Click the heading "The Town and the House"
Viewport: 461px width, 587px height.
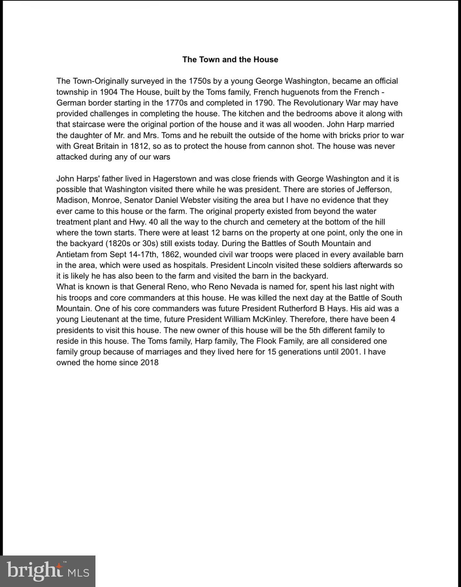tap(230, 60)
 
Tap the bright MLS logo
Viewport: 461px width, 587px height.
tap(48, 571)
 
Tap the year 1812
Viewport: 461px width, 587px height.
tap(140, 146)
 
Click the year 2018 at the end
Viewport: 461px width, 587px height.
tap(149, 363)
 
